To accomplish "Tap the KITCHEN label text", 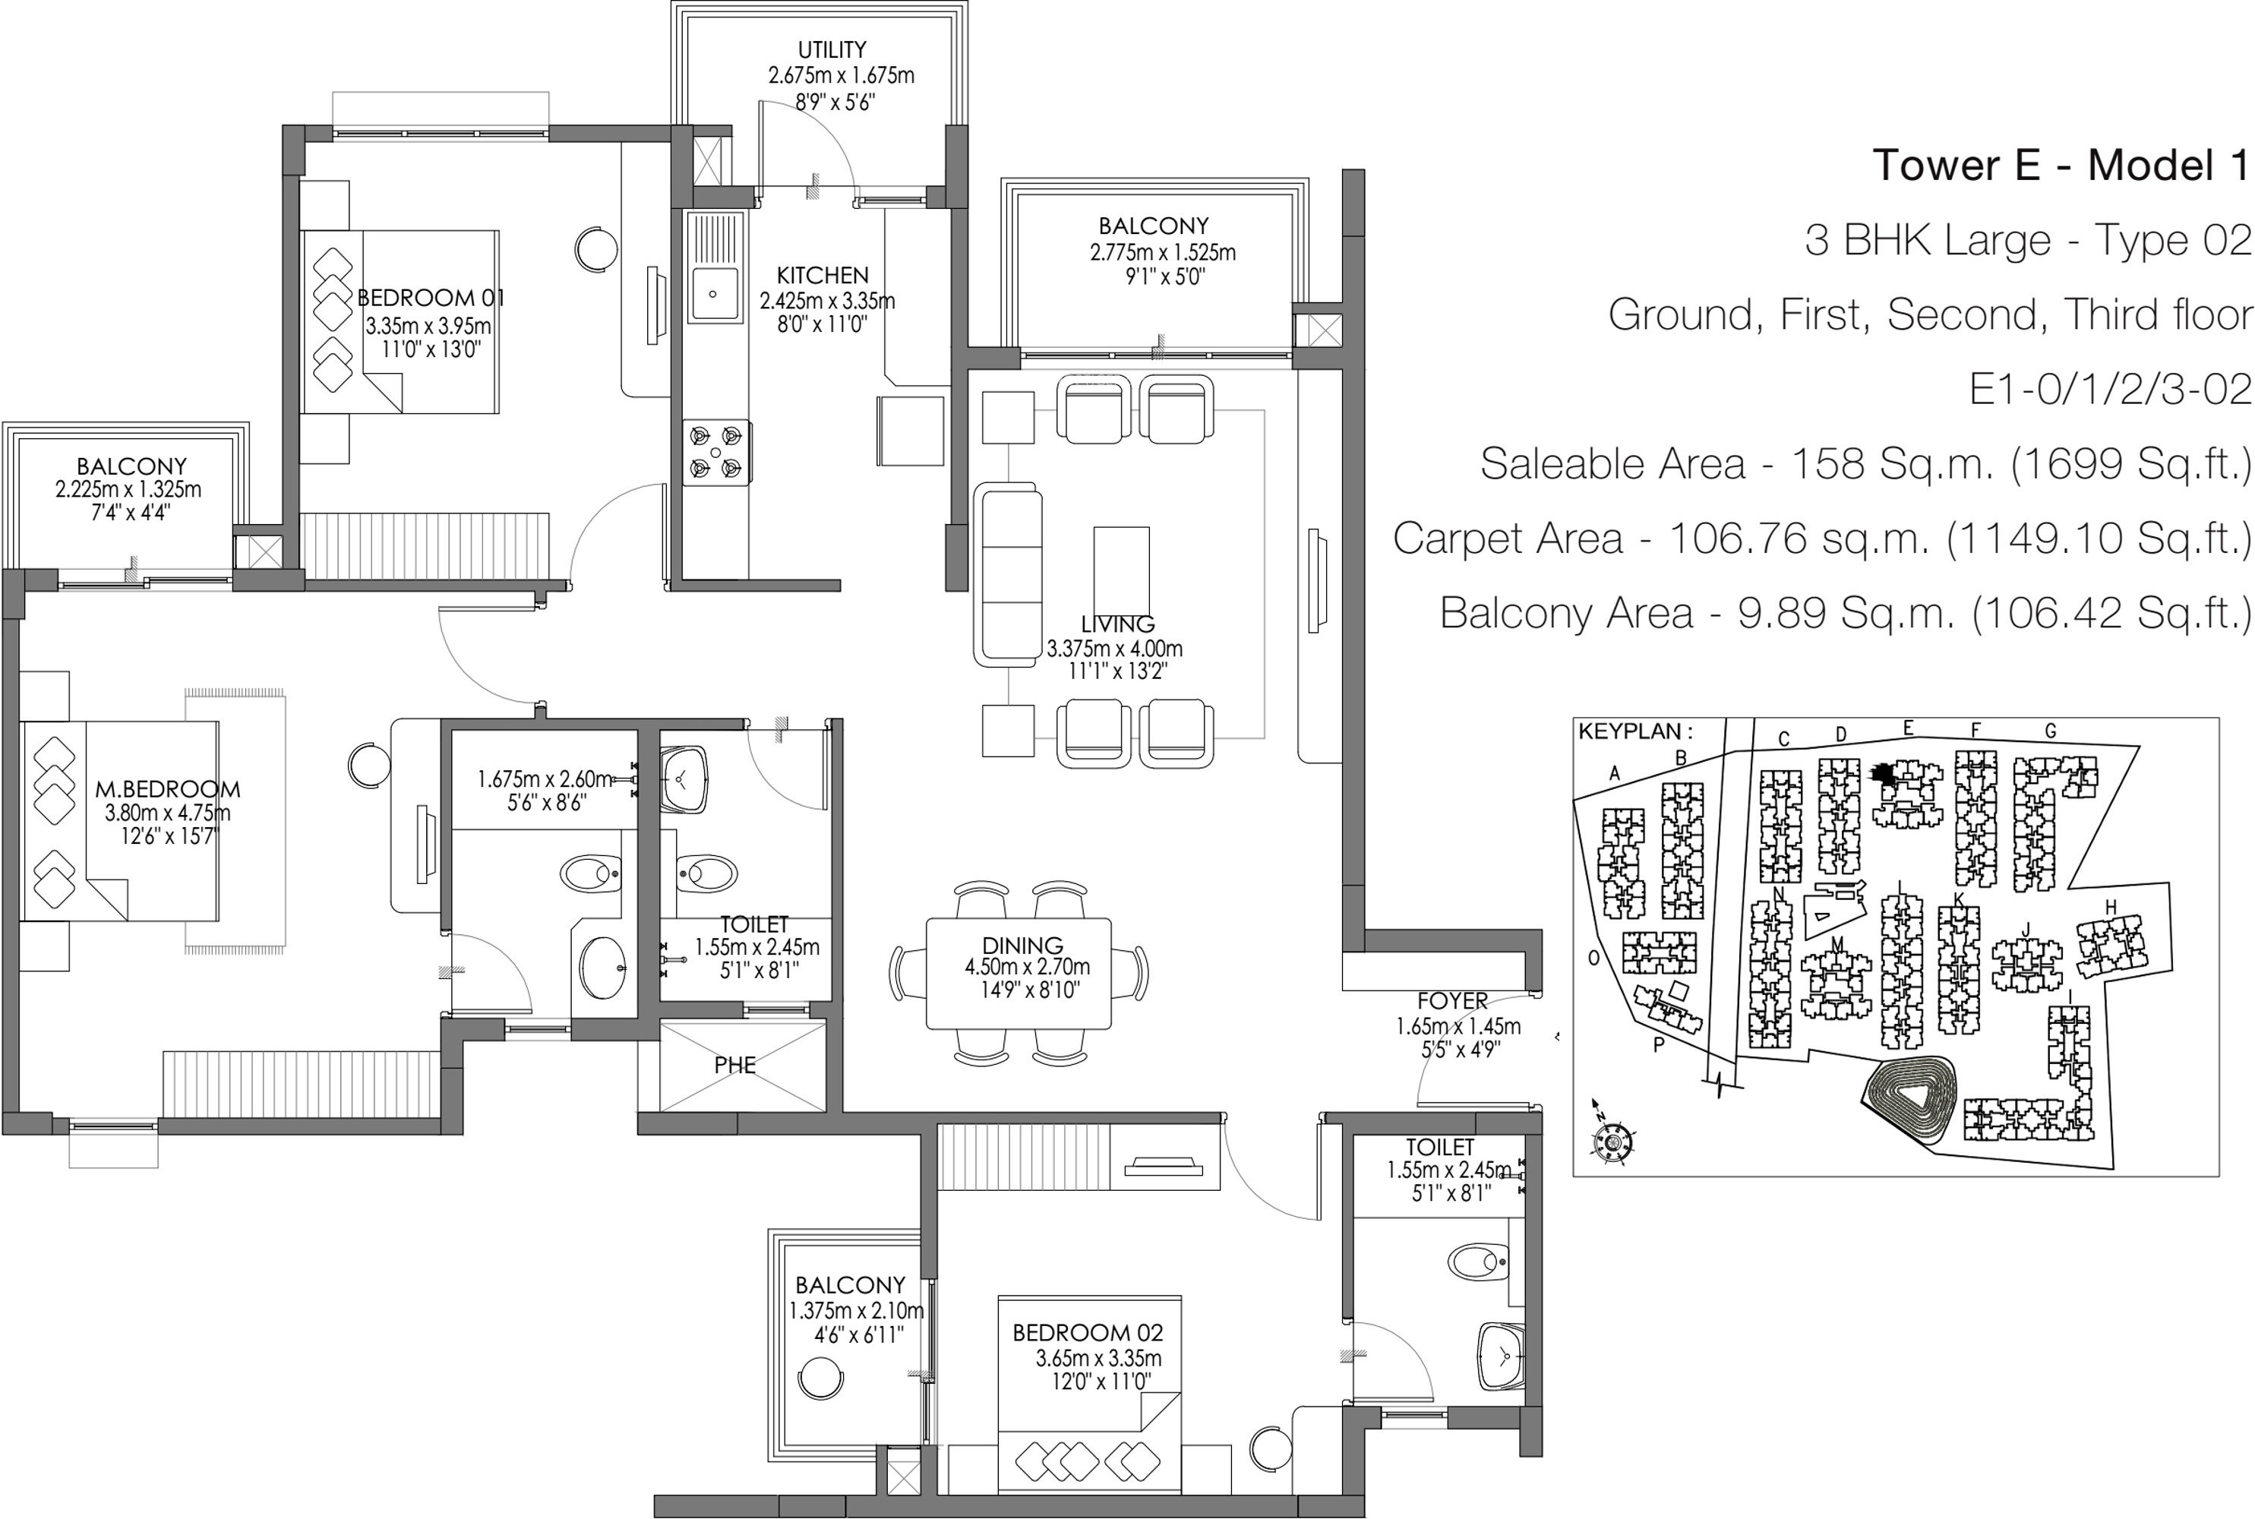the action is point(823,275).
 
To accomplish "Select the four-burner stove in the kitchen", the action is point(715,453).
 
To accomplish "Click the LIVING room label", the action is point(1118,624).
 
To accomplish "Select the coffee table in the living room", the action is point(1122,573).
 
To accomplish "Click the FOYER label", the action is point(1452,1002).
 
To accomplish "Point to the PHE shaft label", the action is point(735,1066).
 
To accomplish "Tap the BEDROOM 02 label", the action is point(1088,1333).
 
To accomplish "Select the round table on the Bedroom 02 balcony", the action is point(820,1378).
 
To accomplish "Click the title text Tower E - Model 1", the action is point(2061,165).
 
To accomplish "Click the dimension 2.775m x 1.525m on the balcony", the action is point(1162,253).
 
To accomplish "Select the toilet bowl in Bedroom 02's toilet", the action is point(1477,1262).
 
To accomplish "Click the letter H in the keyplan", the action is point(2111,907).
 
